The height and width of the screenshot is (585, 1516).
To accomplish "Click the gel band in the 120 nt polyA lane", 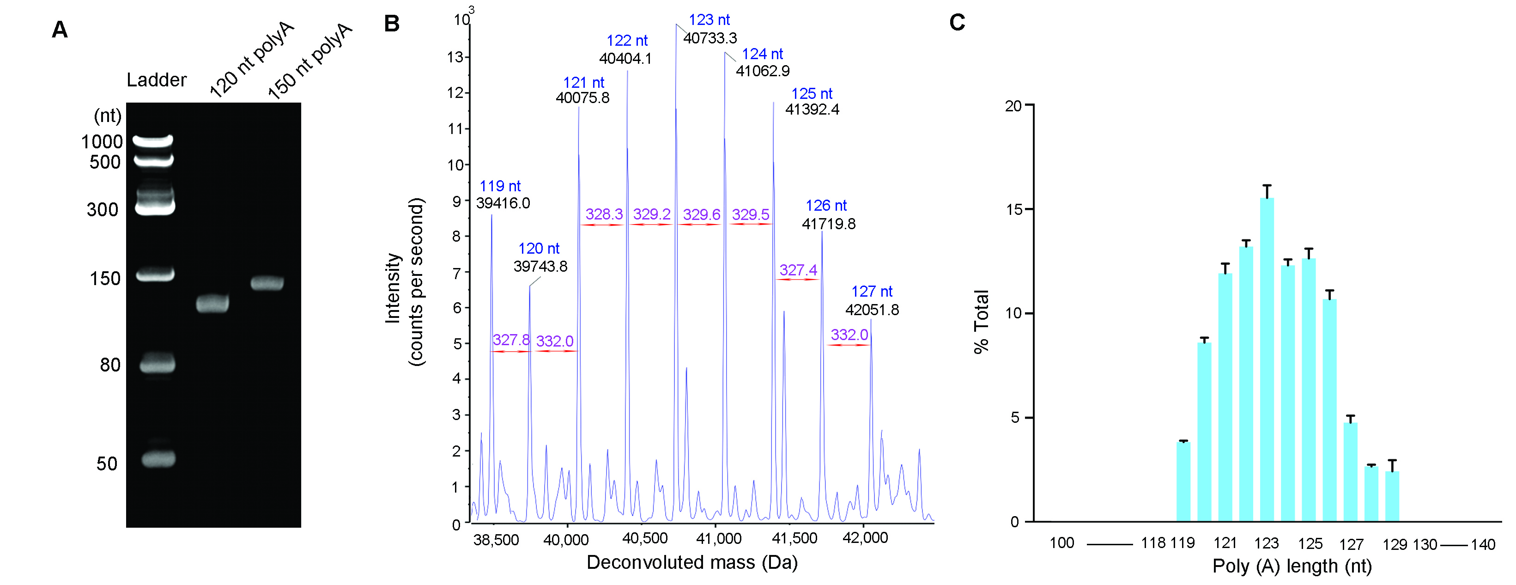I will tap(212, 304).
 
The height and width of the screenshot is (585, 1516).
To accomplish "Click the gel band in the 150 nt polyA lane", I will tap(267, 283).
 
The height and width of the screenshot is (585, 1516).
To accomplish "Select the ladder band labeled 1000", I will tap(152, 140).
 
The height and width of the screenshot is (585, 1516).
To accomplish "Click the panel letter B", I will tap(391, 24).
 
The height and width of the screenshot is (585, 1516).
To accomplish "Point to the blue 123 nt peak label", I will tap(709, 20).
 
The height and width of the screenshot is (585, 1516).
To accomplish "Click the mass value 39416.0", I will tap(503, 203).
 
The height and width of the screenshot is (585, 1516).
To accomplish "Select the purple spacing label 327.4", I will tap(798, 270).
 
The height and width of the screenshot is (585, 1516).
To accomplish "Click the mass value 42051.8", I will tap(872, 310).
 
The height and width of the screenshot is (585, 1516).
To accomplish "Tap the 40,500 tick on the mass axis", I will tap(644, 538).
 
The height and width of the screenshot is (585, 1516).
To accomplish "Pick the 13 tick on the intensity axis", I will tap(455, 57).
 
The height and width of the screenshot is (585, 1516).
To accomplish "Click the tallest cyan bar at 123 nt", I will tap(1267, 359).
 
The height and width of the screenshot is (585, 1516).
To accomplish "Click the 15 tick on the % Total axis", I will tap(1014, 209).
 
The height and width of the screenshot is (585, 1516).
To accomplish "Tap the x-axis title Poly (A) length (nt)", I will tap(1292, 566).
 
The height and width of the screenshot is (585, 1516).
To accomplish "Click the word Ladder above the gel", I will tap(157, 80).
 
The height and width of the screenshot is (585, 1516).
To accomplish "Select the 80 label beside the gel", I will tap(110, 365).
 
